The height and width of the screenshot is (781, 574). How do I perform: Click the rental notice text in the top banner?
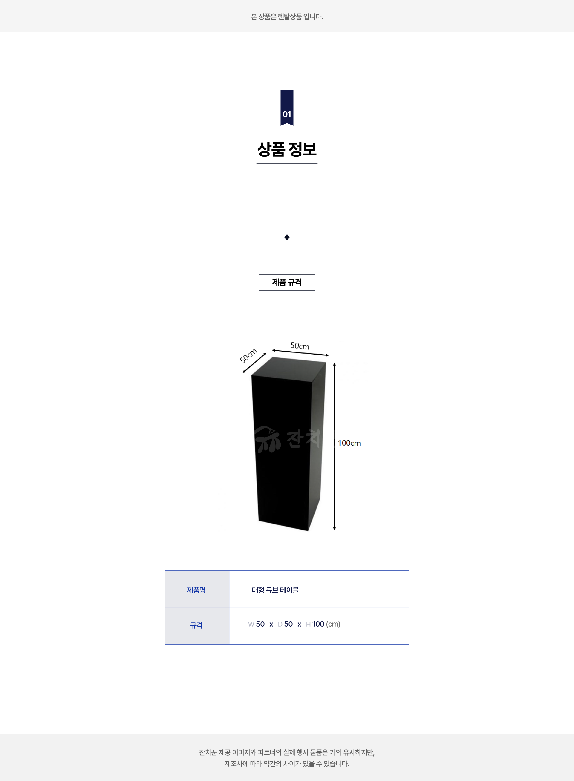pyautogui.click(x=287, y=17)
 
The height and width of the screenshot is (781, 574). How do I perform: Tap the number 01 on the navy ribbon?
pyautogui.click(x=287, y=114)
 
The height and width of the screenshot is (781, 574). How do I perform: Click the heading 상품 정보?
pyautogui.click(x=287, y=149)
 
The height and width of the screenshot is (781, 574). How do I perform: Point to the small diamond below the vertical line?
pyautogui.click(x=287, y=237)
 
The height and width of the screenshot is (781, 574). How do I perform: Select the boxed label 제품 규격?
pyautogui.click(x=287, y=282)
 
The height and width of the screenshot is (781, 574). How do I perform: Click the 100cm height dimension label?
pyautogui.click(x=349, y=443)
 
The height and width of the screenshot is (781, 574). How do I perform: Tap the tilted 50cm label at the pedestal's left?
pyautogui.click(x=248, y=355)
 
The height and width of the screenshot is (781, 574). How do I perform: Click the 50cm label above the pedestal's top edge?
pyautogui.click(x=300, y=346)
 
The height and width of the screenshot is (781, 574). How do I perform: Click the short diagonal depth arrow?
pyautogui.click(x=254, y=363)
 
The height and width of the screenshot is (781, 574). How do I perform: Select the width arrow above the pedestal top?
pyautogui.click(x=300, y=353)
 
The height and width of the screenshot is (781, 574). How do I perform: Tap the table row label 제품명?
pyautogui.click(x=196, y=590)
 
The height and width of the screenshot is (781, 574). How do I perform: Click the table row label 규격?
pyautogui.click(x=196, y=625)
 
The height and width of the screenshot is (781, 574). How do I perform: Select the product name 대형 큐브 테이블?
pyautogui.click(x=275, y=590)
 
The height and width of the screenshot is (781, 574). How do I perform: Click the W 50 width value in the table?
pyautogui.click(x=257, y=624)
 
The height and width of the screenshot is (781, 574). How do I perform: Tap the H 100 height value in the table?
pyautogui.click(x=315, y=624)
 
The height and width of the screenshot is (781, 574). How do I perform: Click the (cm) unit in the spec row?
pyautogui.click(x=333, y=624)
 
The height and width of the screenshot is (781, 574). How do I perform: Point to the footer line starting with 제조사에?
pyautogui.click(x=287, y=764)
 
